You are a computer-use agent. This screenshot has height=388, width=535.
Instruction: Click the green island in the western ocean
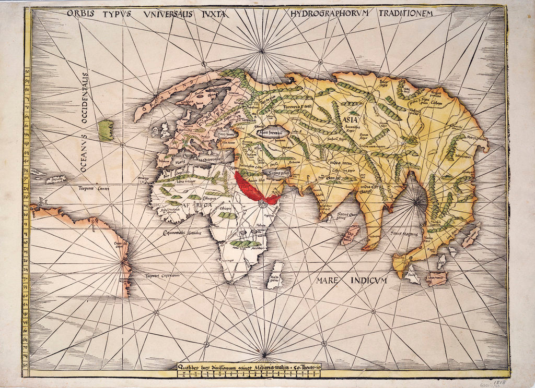coord(106,130)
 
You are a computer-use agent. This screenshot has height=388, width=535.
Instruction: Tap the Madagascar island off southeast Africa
coord(275,275)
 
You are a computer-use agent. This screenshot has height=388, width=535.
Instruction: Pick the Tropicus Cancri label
coord(94,188)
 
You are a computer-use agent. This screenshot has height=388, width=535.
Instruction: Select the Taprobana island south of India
coord(350,235)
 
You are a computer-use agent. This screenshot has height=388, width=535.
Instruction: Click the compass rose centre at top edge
coord(261,51)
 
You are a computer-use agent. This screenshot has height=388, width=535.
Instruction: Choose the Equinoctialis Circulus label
coord(182,233)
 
